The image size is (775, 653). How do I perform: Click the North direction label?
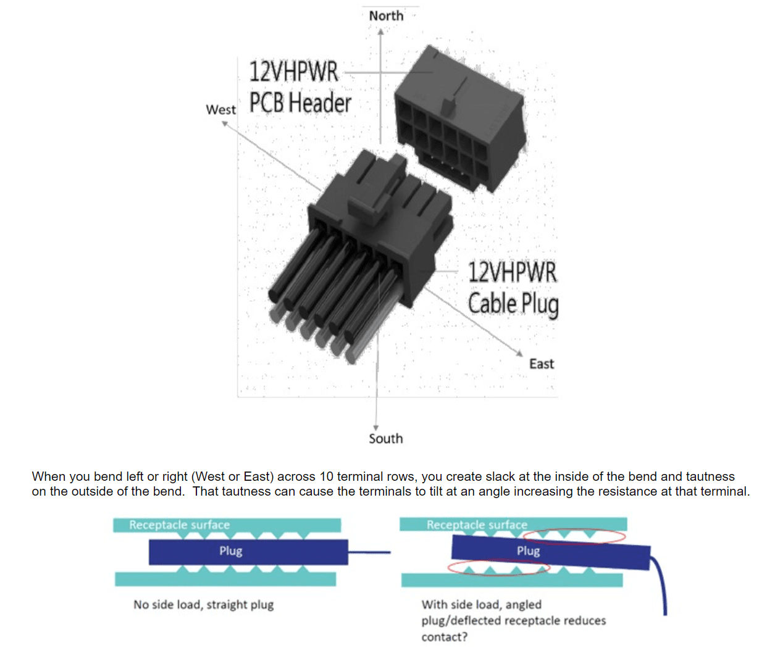386,15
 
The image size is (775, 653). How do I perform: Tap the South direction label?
386,438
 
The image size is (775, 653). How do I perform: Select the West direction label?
220,110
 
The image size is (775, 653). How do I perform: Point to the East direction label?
542,364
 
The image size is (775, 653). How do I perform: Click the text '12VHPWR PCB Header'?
300,87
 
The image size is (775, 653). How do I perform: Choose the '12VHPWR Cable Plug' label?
513,288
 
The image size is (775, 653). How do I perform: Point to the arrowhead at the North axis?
381,31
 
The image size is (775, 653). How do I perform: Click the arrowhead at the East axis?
520,353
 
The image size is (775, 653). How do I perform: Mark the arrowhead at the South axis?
375,428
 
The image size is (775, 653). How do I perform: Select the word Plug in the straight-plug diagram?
230,551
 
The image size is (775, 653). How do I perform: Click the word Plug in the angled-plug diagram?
528,551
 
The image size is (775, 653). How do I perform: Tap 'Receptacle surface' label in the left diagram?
179,525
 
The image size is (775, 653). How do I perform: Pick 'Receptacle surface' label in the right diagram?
477,525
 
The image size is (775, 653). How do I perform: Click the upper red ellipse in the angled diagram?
574,536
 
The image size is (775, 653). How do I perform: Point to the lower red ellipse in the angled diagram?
498,567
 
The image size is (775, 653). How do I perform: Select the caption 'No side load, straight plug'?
203,604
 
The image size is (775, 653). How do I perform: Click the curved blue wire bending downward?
663,586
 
